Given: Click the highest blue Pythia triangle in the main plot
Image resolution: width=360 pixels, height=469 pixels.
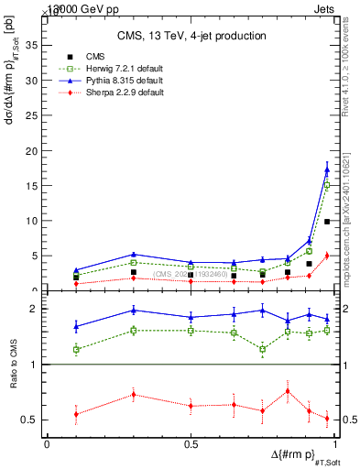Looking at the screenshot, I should pos(327,169).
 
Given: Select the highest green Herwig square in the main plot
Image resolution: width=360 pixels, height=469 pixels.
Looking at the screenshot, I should pos(327,185).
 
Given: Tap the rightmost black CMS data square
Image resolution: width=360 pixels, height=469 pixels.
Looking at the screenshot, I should pos(327,222).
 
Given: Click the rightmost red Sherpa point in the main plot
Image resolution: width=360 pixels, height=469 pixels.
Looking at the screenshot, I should pos(327,256).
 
